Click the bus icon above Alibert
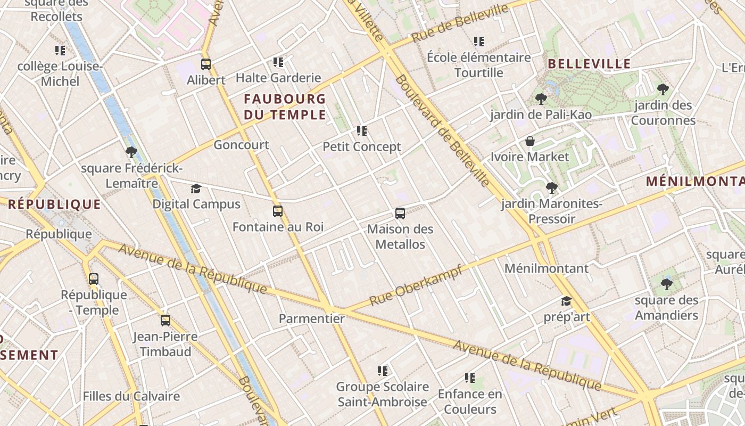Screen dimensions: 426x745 [206, 64]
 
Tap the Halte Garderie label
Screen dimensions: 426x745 [278, 78]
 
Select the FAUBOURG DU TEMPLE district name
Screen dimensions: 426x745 [285, 106]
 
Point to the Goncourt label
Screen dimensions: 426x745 [241, 145]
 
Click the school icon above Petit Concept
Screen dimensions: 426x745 [362, 130]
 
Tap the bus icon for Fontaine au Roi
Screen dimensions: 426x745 [277, 211]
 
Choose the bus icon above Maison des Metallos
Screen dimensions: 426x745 [400, 214]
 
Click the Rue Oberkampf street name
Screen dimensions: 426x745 [416, 285]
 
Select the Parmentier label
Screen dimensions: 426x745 [312, 318]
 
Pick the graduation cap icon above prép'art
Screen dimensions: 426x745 [566, 301]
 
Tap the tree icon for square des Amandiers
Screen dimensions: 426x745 [666, 284]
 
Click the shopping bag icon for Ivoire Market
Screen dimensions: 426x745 [530, 141]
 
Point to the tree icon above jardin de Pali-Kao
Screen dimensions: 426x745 [541, 99]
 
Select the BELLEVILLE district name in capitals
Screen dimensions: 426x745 [589, 64]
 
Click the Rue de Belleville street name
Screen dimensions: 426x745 [460, 23]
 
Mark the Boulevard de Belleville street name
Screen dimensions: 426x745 [442, 131]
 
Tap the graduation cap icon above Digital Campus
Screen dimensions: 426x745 [196, 189]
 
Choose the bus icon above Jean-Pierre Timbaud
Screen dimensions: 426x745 [165, 321]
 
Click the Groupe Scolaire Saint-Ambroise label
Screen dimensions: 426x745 [382, 394]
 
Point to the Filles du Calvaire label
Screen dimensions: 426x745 [131, 396]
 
